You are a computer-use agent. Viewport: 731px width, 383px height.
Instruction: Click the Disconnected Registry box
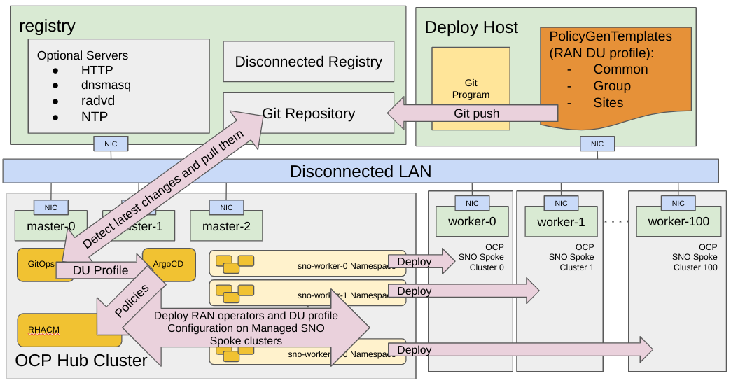pos(308,62)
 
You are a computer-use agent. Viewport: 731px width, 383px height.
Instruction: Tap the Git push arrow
pos(476,113)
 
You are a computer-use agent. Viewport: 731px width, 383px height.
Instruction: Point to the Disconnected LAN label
pos(361,172)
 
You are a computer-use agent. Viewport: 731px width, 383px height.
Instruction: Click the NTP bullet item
pos(94,116)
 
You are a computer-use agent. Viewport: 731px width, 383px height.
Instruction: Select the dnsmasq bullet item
pos(105,85)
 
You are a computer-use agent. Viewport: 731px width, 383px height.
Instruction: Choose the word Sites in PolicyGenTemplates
pos(608,103)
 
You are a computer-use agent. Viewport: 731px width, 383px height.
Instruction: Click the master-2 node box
pos(226,227)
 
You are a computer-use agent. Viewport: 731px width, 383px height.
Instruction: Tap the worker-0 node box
pos(472,221)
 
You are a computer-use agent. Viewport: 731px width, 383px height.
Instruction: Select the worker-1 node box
pos(561,222)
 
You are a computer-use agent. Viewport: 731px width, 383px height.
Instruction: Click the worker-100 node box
pos(678,221)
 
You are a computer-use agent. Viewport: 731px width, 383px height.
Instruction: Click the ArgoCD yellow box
pos(168,265)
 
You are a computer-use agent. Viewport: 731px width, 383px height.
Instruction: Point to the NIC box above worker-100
pos(678,203)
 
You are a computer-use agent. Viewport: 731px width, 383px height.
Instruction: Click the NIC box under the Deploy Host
pos(597,144)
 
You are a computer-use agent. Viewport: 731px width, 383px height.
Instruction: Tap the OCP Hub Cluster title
pos(81,361)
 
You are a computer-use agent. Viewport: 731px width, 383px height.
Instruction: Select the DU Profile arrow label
pos(101,270)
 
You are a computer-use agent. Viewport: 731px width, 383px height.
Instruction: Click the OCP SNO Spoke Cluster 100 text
pos(695,257)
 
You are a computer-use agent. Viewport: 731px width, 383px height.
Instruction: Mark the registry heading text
pos(47,27)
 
